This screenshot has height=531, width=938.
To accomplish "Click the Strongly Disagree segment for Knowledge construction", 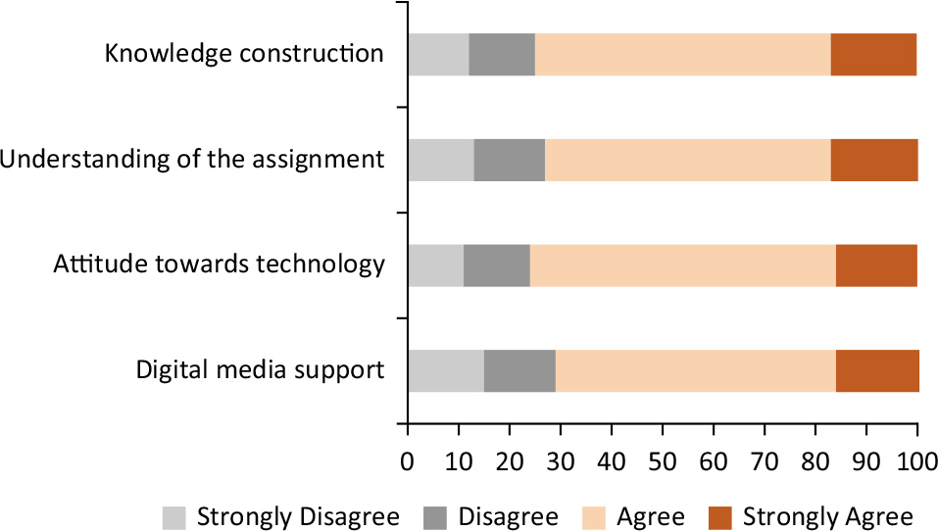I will click(438, 54).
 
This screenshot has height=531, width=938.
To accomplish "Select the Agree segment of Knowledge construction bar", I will click(682, 54).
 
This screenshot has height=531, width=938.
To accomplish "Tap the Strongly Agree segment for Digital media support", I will click(877, 370).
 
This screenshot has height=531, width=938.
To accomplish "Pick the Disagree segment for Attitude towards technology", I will click(496, 265).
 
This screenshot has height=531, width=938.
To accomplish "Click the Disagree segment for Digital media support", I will click(519, 370).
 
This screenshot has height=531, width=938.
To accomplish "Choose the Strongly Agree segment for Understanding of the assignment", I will click(874, 160).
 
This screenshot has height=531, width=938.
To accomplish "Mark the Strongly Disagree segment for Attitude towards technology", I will click(435, 265).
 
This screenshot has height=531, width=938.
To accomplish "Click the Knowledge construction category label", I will click(244, 53).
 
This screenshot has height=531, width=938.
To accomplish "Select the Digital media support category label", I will click(260, 370).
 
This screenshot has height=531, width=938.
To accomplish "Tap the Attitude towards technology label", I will click(219, 265).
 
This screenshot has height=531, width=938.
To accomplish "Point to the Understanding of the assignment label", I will click(192, 159).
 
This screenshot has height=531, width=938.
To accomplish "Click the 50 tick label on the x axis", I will click(663, 459).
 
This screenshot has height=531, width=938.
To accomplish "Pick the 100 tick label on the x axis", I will click(916, 459).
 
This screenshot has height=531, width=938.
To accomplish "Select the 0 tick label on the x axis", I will click(408, 459).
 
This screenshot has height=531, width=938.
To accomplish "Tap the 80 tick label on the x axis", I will click(815, 459).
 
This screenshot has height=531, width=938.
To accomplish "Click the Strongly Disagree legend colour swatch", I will click(174, 516).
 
